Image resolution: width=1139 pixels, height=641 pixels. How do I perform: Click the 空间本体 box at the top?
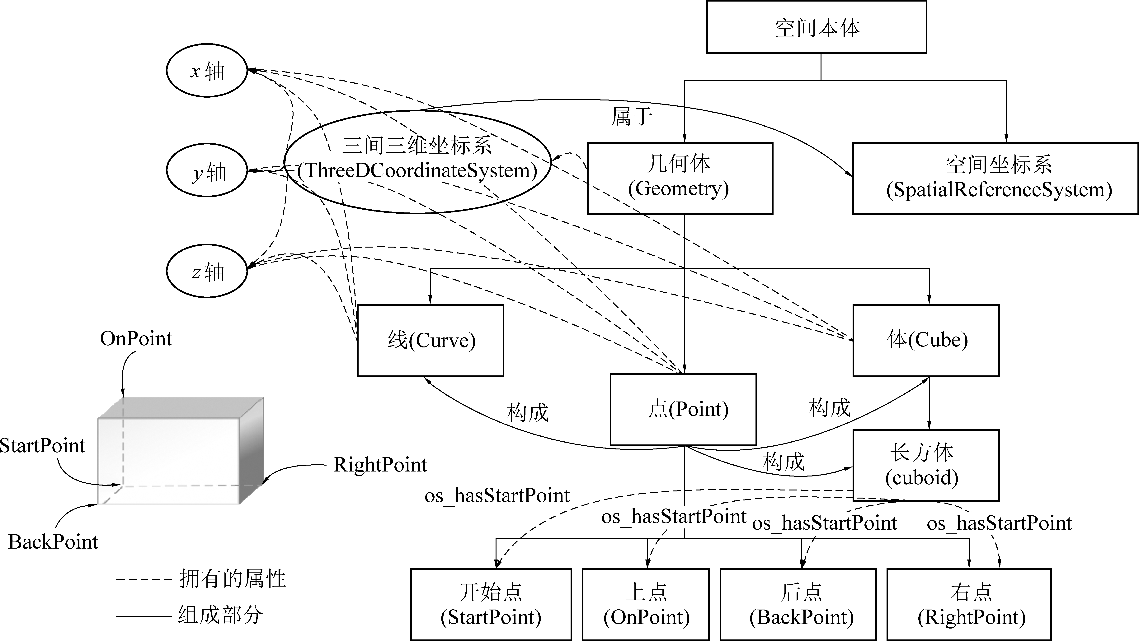point(816,27)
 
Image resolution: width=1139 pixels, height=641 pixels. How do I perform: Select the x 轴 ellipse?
point(206,70)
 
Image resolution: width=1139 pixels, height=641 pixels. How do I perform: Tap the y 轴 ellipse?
point(206,170)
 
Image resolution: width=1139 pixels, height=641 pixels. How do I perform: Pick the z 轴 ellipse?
point(206,271)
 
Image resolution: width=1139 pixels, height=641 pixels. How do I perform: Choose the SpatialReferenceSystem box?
point(995,178)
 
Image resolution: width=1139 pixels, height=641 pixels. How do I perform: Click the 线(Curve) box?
point(430,340)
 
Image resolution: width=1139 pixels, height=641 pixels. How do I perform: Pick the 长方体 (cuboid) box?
point(926,465)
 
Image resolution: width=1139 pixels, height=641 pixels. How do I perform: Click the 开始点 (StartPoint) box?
point(491,604)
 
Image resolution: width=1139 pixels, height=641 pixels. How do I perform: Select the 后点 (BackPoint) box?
point(798,604)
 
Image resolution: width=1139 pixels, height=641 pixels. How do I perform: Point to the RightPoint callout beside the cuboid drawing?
point(380,465)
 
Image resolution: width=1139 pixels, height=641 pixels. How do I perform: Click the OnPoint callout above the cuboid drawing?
point(136,339)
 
